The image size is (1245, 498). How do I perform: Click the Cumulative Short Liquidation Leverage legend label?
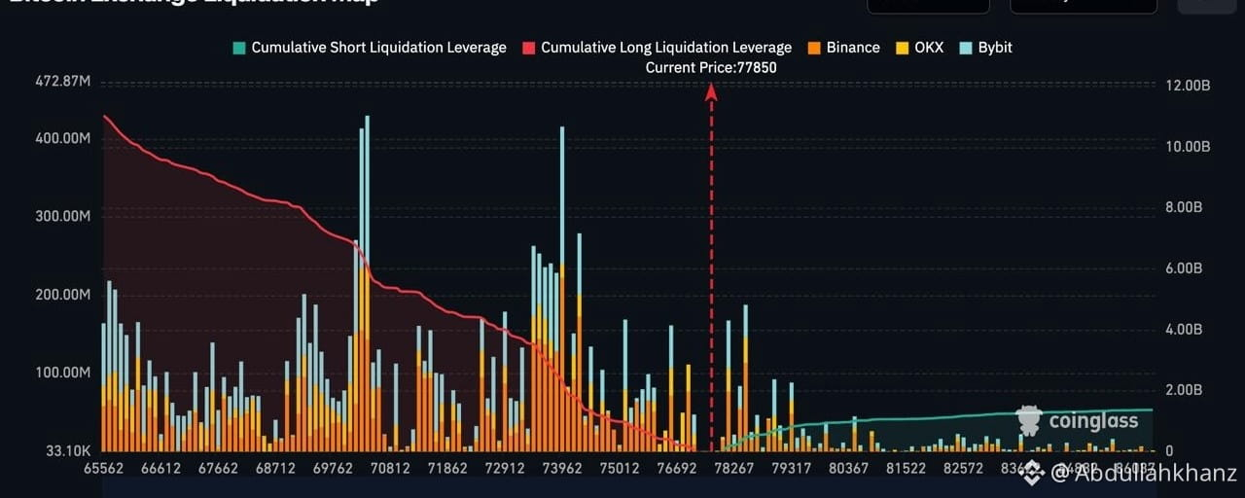tap(378, 48)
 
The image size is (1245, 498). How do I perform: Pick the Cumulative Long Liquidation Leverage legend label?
tap(666, 48)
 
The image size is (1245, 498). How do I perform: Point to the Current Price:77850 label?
tap(711, 68)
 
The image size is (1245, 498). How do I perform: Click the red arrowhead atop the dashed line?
tap(711, 91)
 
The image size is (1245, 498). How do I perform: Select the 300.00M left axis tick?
tap(63, 216)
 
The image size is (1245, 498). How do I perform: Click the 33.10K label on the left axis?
tap(67, 451)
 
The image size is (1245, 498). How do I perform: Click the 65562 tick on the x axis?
tap(104, 469)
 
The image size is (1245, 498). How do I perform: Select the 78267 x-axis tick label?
tap(733, 469)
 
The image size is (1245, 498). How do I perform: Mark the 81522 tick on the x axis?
tap(906, 469)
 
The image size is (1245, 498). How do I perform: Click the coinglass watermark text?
tap(1092, 422)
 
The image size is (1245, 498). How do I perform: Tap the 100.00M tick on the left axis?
tap(63, 373)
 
